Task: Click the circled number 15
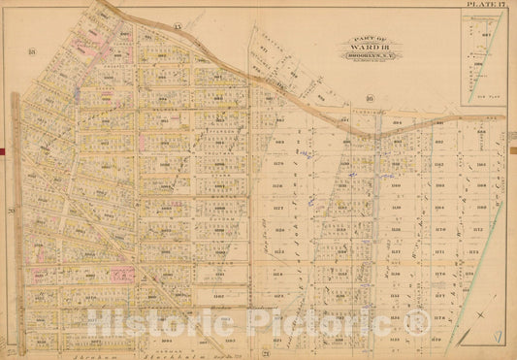[x=178, y=22]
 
